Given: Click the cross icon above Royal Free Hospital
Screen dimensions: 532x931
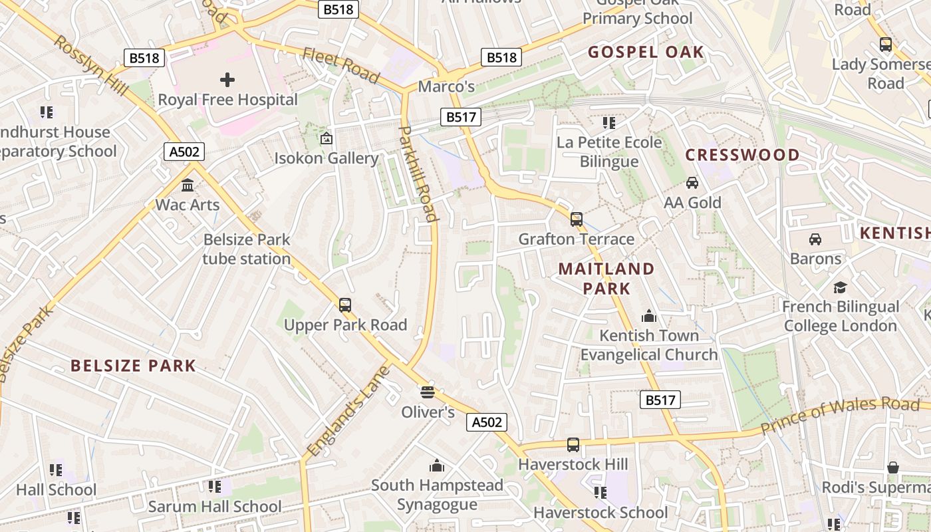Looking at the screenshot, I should [227, 80].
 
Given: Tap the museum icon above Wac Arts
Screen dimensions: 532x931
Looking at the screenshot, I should [188, 185].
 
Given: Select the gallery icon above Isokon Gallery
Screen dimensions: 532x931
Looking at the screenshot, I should [326, 138].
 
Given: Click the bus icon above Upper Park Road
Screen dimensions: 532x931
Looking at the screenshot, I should [344, 305].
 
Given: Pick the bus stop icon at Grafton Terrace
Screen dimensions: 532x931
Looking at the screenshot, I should [577, 219].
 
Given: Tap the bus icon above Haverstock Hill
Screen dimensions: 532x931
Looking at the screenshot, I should [573, 444].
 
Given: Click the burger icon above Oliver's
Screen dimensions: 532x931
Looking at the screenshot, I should [427, 392].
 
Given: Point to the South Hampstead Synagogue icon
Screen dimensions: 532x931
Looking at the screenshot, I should [437, 465].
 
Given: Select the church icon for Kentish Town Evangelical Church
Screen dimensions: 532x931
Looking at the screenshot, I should [648, 316].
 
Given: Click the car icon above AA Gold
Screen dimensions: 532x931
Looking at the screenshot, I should [692, 183].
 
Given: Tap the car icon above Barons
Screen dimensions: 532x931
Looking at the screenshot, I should [815, 239].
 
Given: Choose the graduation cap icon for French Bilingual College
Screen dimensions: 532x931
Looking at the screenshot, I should [841, 287].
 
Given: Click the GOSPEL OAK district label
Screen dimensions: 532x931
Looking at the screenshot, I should [646, 52].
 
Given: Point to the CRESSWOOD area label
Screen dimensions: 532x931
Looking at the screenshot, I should [743, 155].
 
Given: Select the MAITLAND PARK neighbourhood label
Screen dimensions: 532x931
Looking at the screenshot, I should [606, 278].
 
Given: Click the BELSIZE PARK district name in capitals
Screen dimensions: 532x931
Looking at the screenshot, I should [133, 365].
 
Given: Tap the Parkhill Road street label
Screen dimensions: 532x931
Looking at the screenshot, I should [419, 173].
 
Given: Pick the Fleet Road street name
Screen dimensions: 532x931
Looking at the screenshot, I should [341, 65].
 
